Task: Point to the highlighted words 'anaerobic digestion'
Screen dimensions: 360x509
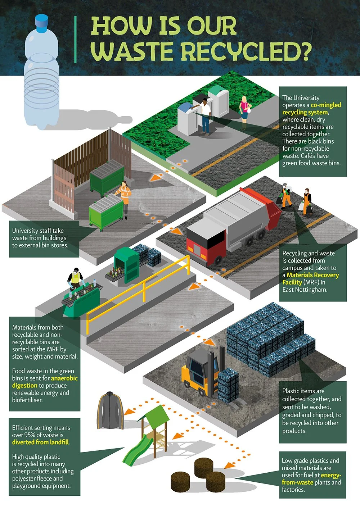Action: [45, 382]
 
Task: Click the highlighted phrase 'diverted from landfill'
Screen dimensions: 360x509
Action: [40, 442]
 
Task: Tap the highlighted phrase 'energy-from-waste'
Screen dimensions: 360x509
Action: [311, 479]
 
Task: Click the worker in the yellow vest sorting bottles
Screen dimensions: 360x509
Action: [76, 279]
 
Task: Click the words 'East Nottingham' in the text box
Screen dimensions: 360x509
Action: [305, 290]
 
